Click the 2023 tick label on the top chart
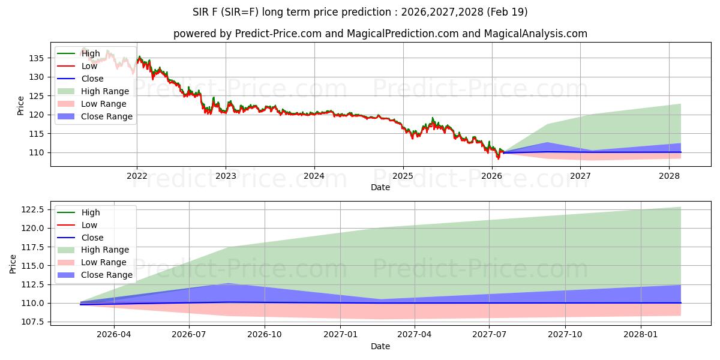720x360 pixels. (226, 176)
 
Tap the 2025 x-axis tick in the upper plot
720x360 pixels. (403, 176)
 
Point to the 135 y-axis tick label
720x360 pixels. (36, 58)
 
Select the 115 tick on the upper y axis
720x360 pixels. (36, 134)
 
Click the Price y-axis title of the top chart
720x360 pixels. (21, 106)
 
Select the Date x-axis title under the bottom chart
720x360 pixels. (380, 346)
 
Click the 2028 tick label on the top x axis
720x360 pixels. (669, 176)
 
